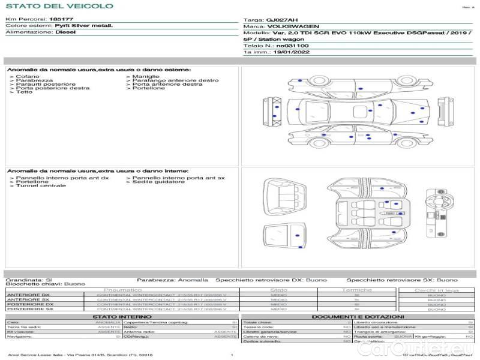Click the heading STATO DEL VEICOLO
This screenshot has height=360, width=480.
point(59,6)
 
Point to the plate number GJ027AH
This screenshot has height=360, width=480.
point(278,20)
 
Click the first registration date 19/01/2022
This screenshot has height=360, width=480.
point(291,53)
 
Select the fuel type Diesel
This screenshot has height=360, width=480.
point(65,33)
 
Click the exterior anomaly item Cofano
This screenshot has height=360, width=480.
point(28,77)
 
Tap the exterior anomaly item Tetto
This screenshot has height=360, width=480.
point(25,92)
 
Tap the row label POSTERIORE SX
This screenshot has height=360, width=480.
point(30,310)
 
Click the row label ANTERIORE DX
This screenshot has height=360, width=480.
point(28,295)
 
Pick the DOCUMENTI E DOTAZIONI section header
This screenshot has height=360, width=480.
point(358,316)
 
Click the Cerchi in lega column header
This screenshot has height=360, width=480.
point(436,290)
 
